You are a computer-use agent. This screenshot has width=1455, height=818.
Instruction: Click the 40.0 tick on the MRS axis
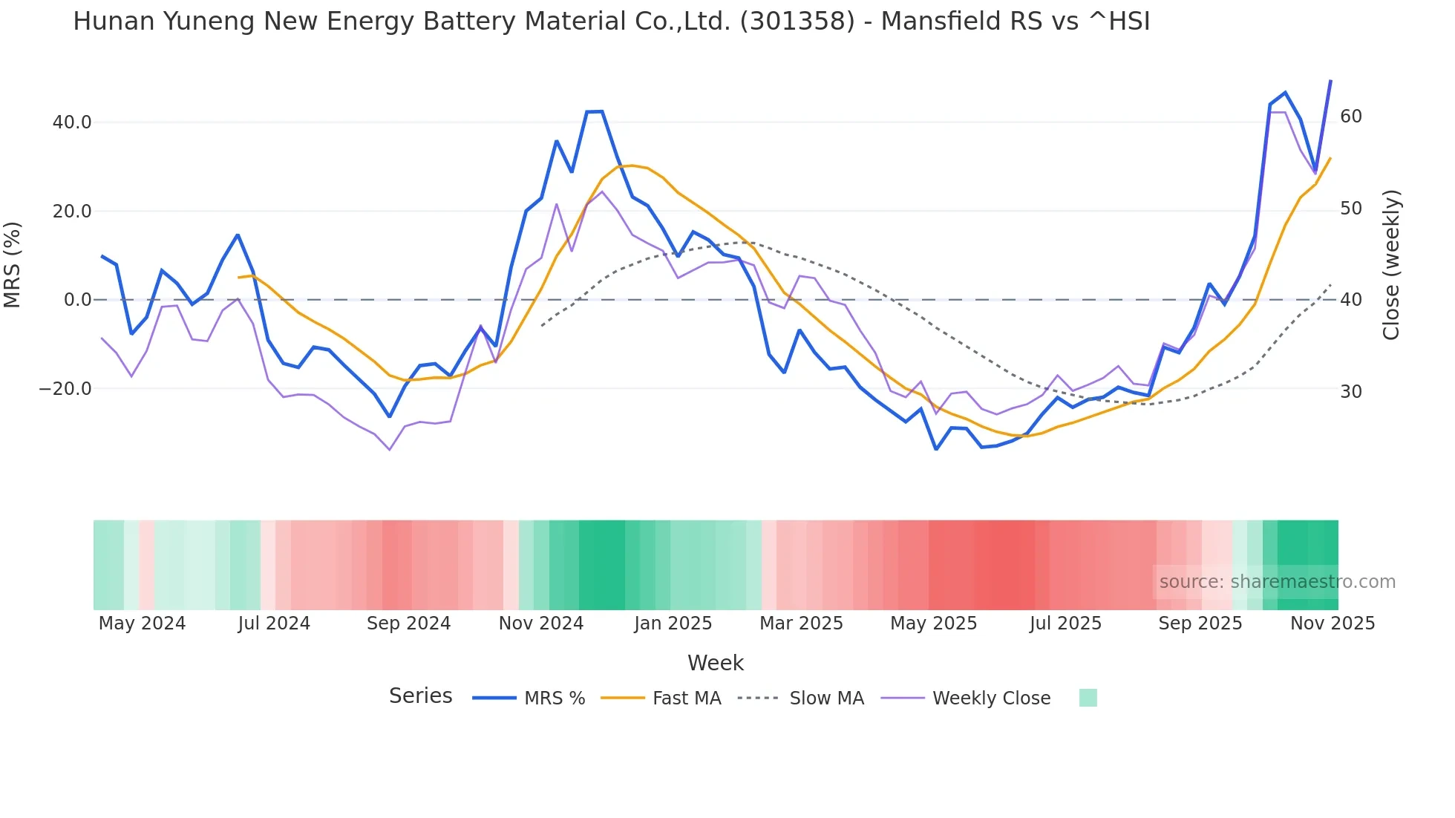tap(71, 122)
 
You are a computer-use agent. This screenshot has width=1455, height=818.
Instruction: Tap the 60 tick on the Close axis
tap(1351, 117)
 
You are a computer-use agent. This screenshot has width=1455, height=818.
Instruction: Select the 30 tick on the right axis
tap(1351, 391)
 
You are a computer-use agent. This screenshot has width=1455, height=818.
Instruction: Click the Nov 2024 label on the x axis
tap(541, 624)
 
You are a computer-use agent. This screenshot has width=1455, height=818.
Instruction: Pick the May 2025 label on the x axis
tap(933, 624)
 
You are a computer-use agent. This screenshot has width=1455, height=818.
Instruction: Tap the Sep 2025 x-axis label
tap(1200, 624)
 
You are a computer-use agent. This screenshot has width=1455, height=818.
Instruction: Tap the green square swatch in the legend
tap(1088, 698)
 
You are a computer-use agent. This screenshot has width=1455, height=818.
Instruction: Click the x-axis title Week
tap(715, 663)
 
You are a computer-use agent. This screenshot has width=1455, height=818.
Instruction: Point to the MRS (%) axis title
tap(13, 265)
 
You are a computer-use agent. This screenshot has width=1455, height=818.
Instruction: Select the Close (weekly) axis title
tap(1390, 265)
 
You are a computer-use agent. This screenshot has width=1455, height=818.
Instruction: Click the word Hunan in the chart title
tap(114, 22)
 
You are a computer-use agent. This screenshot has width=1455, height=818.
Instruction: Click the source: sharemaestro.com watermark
tap(1277, 582)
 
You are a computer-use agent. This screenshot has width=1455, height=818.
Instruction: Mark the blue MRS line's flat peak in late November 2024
tap(594, 112)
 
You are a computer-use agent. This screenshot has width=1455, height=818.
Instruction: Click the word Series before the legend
tap(420, 696)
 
